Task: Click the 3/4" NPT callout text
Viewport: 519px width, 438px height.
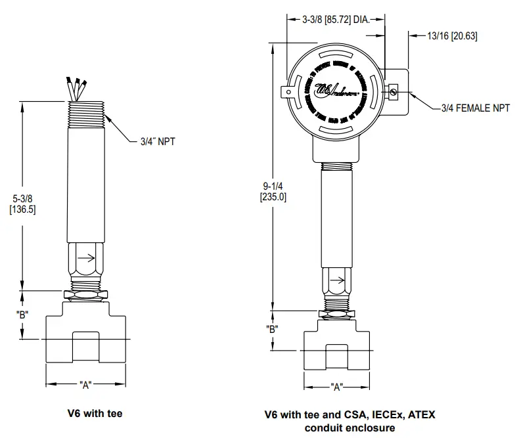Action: pos(158,141)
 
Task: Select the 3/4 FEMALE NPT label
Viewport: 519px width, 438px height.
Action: pos(475,108)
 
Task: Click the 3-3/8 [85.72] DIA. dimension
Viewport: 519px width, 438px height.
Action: pos(334,20)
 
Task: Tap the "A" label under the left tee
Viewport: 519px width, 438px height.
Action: pos(85,385)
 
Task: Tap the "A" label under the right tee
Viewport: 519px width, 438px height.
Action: pos(337,386)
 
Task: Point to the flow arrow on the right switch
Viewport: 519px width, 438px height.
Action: pos(336,281)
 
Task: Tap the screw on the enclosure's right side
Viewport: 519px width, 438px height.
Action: pos(392,93)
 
